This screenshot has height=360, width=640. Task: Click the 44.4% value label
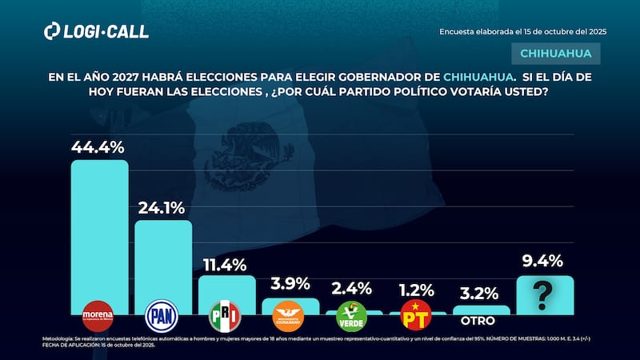98,146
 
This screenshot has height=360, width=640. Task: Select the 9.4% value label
543,261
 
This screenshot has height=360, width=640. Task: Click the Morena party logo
98,315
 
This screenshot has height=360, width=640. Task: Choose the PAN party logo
162,315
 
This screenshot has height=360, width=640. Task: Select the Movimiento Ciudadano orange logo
289,314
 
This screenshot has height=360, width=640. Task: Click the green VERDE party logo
353,315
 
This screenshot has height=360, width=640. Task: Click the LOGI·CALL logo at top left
96,32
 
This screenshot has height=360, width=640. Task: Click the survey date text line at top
522,31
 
